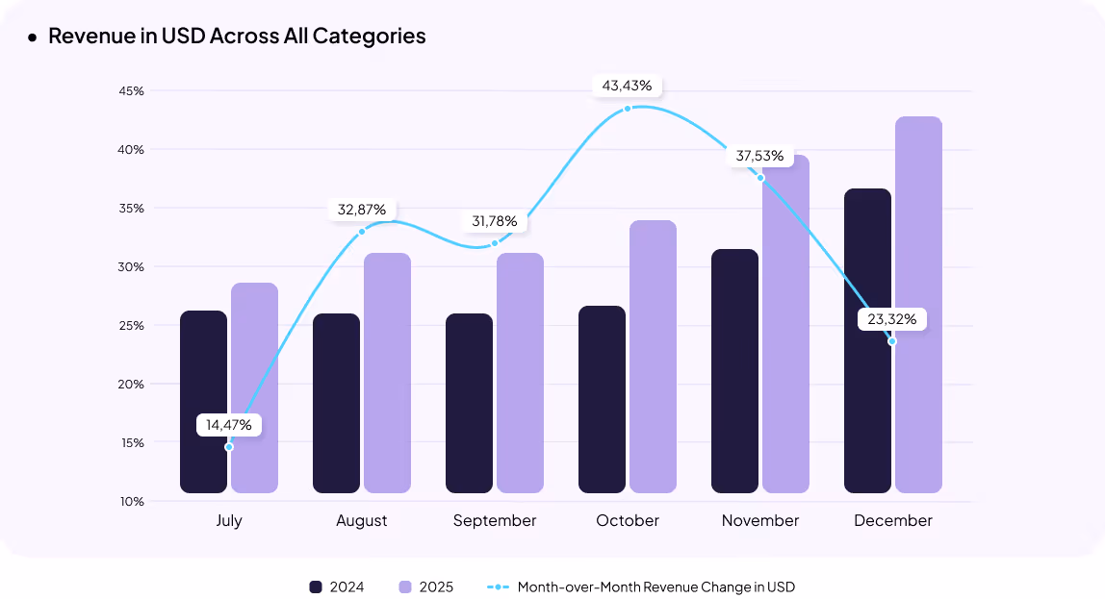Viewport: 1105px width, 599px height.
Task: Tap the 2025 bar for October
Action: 653,357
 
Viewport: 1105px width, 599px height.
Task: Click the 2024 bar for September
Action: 469,403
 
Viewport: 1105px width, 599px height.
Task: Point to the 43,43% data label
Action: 627,86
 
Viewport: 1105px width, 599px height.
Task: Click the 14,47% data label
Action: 229,424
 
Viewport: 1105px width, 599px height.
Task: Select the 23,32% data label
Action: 891,318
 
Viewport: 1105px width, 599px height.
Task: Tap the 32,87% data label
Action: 362,209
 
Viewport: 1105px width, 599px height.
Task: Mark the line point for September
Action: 495,243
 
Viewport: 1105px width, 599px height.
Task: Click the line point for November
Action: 760,178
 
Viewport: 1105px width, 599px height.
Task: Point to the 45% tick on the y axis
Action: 133,91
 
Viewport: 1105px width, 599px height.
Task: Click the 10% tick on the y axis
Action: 133,501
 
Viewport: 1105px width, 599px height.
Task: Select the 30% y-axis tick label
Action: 133,266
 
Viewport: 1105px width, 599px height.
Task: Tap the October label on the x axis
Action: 628,520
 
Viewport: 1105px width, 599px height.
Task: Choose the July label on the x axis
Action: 229,520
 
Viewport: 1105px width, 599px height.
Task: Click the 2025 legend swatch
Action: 405,587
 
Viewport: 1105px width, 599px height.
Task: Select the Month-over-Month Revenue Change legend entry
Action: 655,587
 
